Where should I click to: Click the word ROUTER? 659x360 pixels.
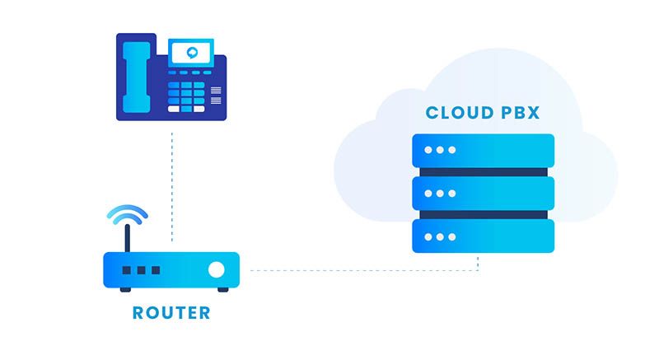pyautogui.click(x=171, y=314)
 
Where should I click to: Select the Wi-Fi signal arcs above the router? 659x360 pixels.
pyautogui.click(x=127, y=214)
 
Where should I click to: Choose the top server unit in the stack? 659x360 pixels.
pyautogui.click(x=483, y=151)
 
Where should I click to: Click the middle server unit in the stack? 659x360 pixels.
pyautogui.click(x=483, y=194)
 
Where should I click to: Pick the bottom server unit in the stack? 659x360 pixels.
pyautogui.click(x=483, y=236)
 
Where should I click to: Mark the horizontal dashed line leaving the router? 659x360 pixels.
pyautogui.click(x=362, y=269)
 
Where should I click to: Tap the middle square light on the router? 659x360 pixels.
pyautogui.click(x=141, y=269)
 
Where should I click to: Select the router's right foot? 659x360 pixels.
pyautogui.click(x=222, y=288)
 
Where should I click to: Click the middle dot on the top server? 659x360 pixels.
pyautogui.click(x=439, y=151)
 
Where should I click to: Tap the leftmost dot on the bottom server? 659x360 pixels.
pyautogui.click(x=428, y=236)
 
